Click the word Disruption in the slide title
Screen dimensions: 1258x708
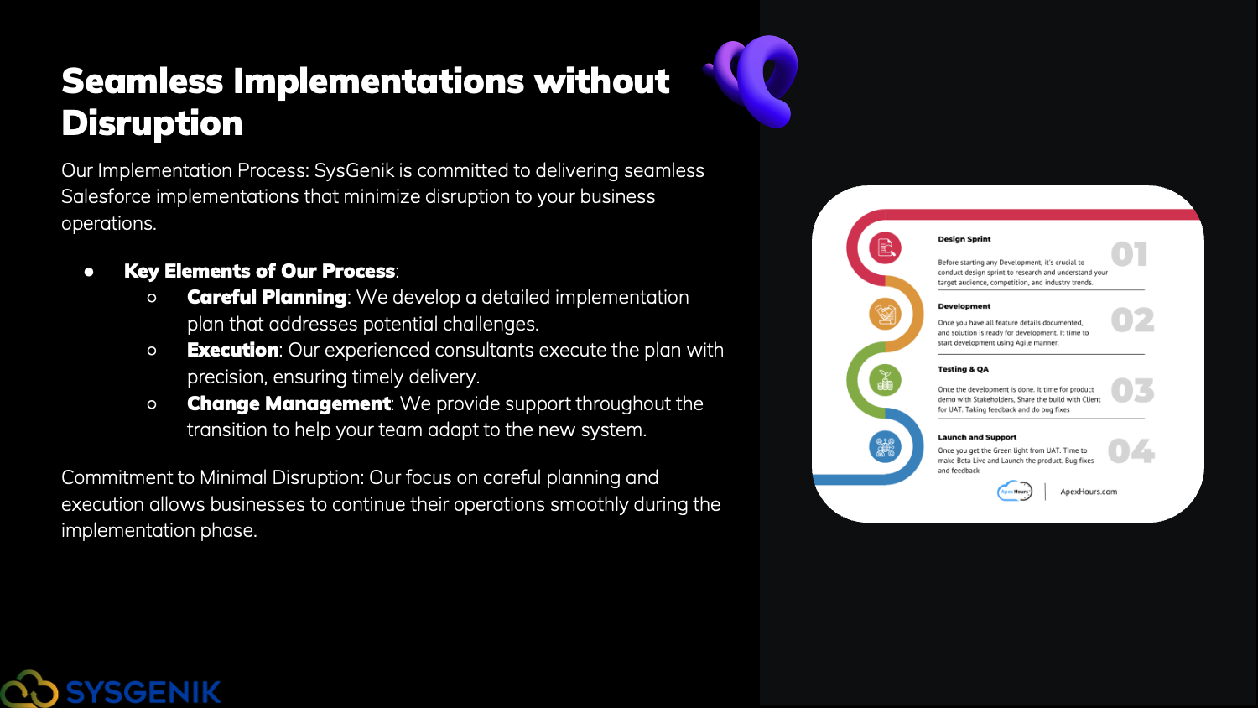[x=152, y=123]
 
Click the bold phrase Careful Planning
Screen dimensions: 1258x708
[x=267, y=297]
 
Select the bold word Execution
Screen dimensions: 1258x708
[x=232, y=350]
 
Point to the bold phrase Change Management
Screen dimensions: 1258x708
[x=289, y=403]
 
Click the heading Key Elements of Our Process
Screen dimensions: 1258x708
[x=259, y=271]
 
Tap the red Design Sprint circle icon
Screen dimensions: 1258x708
[x=885, y=247]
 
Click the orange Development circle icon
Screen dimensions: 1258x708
[x=885, y=314]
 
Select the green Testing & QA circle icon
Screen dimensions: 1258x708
[x=885, y=380]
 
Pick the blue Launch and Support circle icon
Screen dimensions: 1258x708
[x=885, y=447]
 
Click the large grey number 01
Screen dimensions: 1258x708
[x=1129, y=254]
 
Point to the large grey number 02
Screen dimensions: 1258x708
[x=1132, y=320]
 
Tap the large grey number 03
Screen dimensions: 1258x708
[x=1132, y=391]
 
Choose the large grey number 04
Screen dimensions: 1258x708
[x=1131, y=451]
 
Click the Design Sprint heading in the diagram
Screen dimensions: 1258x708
[x=964, y=239]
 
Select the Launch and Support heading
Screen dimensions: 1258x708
[x=977, y=437]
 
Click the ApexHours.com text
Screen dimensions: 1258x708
[x=1089, y=492]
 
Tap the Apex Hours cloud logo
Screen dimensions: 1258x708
[x=1014, y=491]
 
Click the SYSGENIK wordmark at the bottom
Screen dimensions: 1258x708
[x=143, y=692]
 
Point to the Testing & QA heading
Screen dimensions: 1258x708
[x=963, y=369]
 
